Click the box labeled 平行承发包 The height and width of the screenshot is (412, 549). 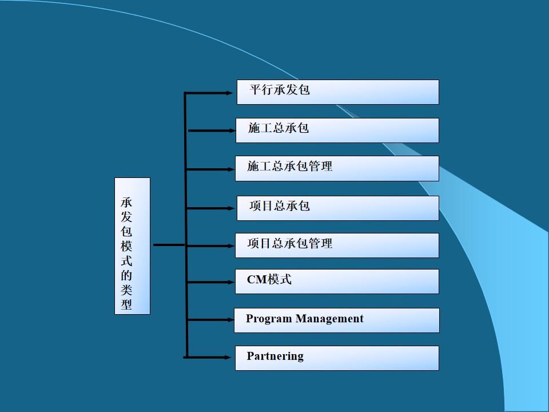[x=337, y=92]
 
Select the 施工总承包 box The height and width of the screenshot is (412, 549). [x=337, y=130]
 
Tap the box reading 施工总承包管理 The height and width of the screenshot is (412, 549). [x=337, y=169]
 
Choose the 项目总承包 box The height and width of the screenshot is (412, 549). [x=337, y=208]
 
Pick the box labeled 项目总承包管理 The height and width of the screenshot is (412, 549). [x=337, y=245]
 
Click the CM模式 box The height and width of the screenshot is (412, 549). [x=337, y=282]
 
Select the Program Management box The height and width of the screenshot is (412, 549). [x=337, y=320]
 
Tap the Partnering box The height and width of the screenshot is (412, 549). [x=337, y=358]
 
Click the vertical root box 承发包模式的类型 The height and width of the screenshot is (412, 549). [x=132, y=246]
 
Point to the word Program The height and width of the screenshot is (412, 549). [x=269, y=319]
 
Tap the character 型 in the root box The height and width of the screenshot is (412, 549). [x=126, y=304]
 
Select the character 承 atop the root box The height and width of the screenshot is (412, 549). [x=126, y=203]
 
